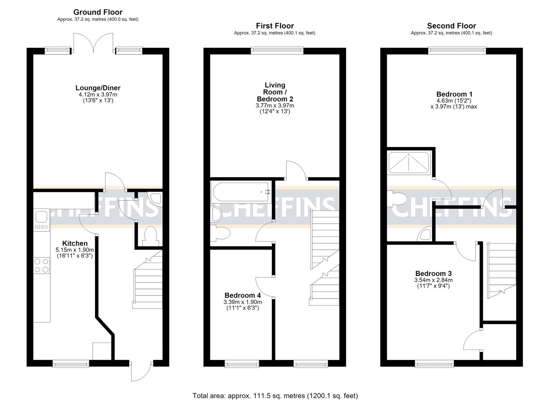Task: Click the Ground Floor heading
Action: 98,12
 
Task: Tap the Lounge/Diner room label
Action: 98,88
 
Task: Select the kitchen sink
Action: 41,220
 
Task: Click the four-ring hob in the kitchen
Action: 41,266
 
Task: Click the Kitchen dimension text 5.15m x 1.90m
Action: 75,250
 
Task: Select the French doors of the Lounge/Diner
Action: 93,43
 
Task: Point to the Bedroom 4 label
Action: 243,295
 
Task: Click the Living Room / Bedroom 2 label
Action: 275,92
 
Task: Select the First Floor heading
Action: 275,26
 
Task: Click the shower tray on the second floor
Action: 409,163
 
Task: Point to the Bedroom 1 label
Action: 454,94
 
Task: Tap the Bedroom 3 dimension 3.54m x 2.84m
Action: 433,280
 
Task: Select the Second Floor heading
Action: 451,26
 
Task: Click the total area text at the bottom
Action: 275,389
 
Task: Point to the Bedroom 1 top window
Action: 457,51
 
